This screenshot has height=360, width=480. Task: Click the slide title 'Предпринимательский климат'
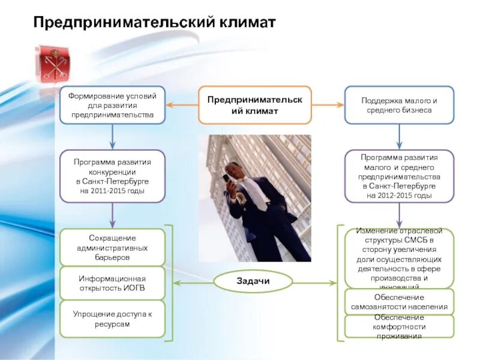[x=154, y=23]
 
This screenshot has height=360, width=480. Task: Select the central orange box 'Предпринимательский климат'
[x=255, y=105]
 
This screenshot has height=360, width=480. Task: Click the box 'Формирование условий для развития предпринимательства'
[x=112, y=105]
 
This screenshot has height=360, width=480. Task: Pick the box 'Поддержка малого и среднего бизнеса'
[x=399, y=105]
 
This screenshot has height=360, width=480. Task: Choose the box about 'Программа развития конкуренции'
[x=112, y=176]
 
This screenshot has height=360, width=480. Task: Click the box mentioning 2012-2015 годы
[x=399, y=176]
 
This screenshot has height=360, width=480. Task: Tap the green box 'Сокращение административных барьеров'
[x=112, y=247]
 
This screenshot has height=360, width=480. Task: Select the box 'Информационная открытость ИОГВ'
[x=112, y=283]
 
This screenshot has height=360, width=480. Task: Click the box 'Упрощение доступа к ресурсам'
[x=112, y=319]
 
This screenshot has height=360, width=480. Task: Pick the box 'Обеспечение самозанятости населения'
[x=399, y=302]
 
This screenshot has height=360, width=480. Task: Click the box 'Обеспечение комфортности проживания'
[x=399, y=326]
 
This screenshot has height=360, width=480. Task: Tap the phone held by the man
[x=226, y=178]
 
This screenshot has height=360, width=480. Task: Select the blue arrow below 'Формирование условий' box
[x=112, y=137]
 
